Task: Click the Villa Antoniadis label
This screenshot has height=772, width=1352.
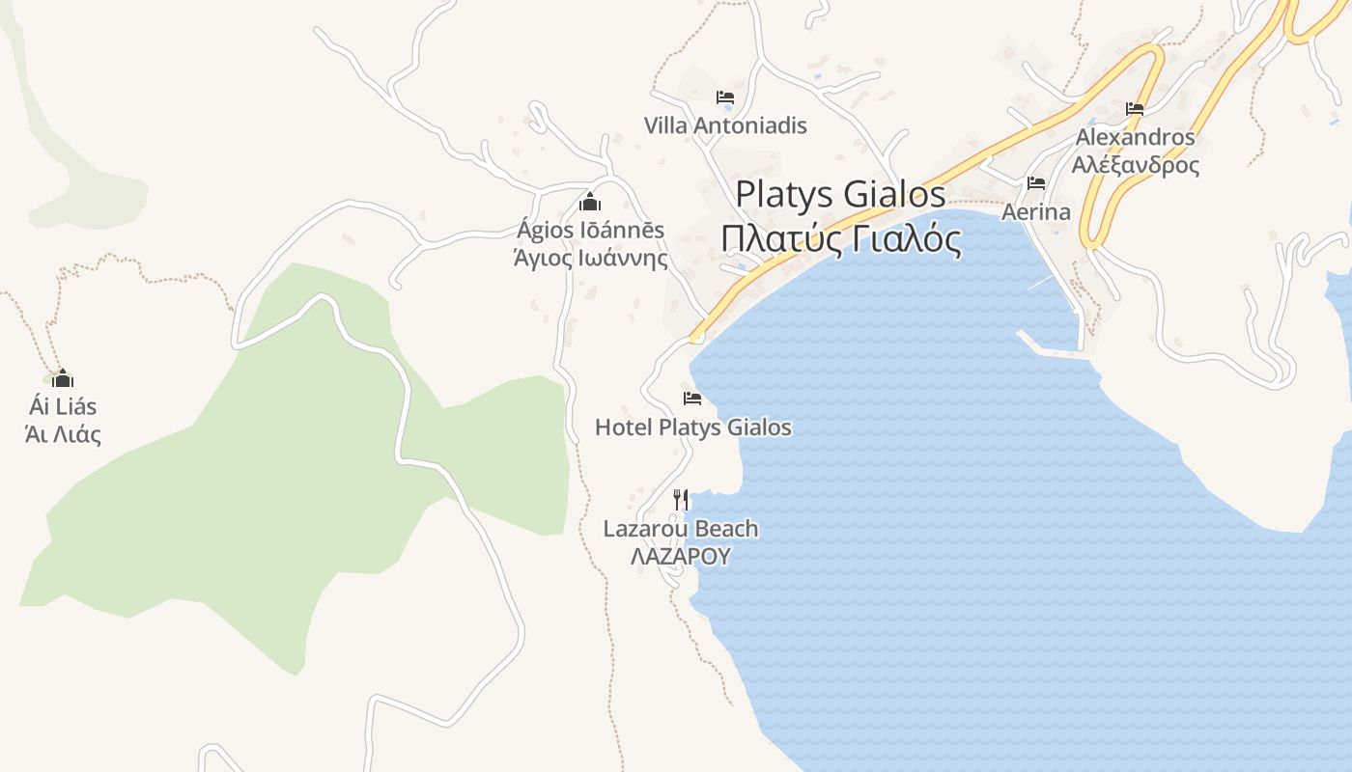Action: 725,125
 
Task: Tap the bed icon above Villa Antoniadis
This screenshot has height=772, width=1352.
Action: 725,97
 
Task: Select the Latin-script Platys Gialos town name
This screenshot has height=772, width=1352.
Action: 840,194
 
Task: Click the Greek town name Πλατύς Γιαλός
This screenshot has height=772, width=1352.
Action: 840,238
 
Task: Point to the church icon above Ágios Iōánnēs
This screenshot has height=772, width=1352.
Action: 590,202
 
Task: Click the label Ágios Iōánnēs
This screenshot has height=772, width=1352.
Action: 590,231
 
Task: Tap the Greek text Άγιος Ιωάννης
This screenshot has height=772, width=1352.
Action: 590,259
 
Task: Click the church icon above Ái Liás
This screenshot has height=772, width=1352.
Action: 63,377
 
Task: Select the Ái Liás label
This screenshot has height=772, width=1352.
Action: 63,406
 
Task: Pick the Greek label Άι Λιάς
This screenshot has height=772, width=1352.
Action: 63,434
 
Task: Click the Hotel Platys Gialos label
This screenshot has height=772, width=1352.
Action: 692,427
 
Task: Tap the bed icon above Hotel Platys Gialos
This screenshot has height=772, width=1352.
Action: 691,398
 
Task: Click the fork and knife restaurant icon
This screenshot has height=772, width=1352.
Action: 681,500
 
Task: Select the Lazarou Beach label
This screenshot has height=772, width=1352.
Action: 681,529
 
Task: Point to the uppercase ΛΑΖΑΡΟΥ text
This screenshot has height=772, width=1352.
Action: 681,557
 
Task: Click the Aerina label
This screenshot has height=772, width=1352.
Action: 1036,211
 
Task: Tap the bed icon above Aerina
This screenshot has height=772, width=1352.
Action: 1036,182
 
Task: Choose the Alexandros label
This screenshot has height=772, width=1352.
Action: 1135,137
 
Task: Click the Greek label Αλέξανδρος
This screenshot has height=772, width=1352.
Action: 1135,164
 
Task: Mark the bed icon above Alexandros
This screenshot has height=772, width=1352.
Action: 1135,109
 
